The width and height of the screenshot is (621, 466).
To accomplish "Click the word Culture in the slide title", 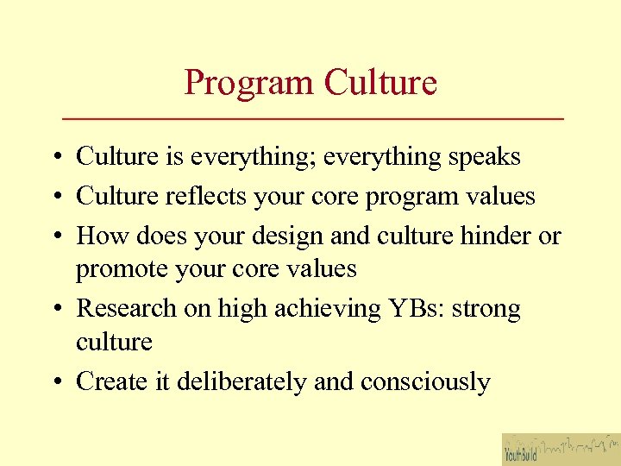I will (380, 83).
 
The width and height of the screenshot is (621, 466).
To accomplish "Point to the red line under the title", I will (313, 117).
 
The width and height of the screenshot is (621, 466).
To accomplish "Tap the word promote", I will (122, 270).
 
